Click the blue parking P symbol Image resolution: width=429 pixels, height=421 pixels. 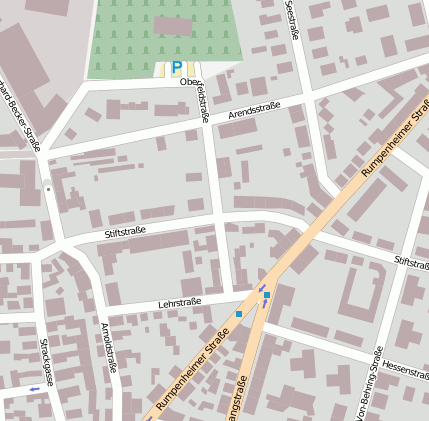point(177,68)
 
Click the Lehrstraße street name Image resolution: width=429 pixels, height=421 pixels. point(180,302)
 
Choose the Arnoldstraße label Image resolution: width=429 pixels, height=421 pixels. point(110,347)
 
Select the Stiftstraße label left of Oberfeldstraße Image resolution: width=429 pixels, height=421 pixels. point(125,232)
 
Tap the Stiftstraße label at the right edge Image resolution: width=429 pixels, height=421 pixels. point(411,262)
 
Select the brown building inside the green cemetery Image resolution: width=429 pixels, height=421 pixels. point(173,26)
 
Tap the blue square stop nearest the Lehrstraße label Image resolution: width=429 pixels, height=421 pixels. point(239,314)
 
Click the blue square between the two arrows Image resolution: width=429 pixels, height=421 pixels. point(266,295)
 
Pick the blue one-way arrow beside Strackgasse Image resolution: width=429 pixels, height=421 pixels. point(36,388)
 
